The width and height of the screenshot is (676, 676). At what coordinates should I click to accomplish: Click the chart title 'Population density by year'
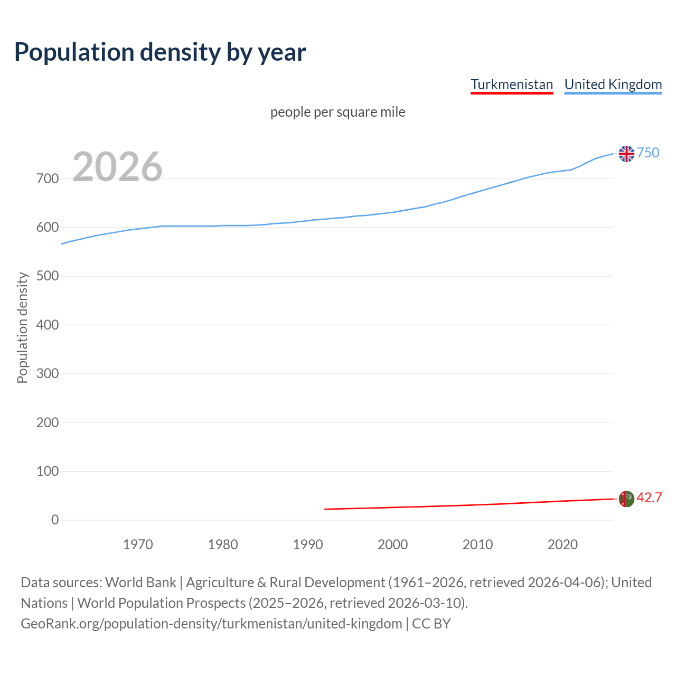(160, 52)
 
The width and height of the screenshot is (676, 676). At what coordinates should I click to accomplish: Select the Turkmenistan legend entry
(511, 84)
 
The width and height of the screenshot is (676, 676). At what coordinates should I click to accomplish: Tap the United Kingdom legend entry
(613, 84)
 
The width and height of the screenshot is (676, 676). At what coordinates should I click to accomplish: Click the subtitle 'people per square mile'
(337, 112)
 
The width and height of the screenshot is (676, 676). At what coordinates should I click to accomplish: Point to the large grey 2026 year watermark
(117, 167)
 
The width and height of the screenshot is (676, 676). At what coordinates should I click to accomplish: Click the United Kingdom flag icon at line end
(626, 154)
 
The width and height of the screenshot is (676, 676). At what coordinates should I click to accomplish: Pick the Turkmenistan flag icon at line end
(626, 499)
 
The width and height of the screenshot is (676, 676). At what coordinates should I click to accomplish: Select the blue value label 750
(648, 153)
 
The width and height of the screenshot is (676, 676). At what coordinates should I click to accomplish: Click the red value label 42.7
(649, 497)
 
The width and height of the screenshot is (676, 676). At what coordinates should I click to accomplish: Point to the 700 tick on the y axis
(48, 179)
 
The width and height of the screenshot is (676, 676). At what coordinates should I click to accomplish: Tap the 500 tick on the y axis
(48, 276)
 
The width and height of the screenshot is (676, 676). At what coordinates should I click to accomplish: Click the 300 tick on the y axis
(48, 374)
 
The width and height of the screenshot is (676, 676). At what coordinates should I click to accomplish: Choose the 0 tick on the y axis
(55, 520)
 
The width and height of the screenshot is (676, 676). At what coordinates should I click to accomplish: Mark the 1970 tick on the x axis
(138, 544)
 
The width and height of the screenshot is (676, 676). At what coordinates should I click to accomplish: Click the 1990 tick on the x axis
(308, 544)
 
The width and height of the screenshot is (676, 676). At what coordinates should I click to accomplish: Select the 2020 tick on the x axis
(562, 544)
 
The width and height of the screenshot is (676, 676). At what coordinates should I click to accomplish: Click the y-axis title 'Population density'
(22, 327)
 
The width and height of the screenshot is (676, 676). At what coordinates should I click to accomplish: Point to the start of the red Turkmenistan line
(325, 509)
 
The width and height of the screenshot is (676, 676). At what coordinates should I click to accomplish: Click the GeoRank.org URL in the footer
(211, 624)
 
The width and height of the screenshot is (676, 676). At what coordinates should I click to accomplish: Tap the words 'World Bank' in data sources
(140, 583)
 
